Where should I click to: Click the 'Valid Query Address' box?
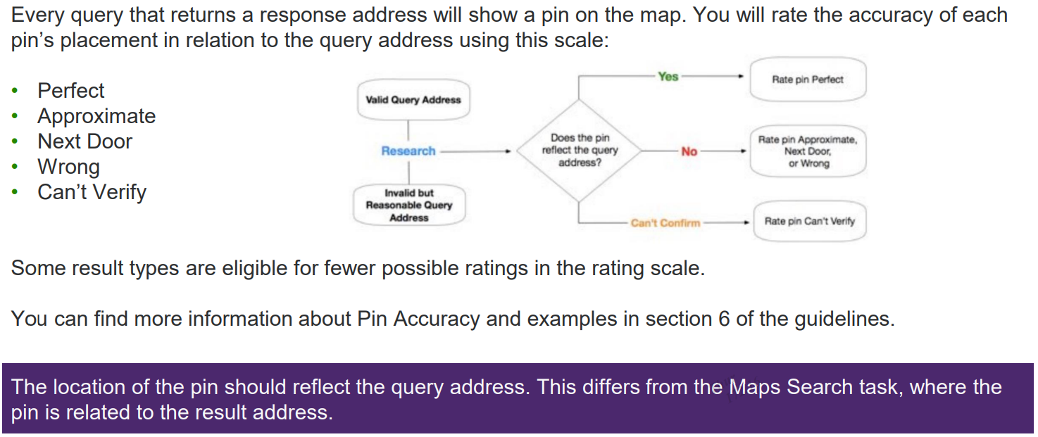point(413,99)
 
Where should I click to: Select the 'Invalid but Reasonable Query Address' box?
point(409,205)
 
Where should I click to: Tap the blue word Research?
point(408,151)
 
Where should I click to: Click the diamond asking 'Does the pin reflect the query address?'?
point(580,151)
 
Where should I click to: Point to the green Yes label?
point(668,77)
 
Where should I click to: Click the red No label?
point(689,151)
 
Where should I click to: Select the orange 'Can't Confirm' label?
point(665,222)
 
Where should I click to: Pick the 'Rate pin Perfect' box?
point(808,79)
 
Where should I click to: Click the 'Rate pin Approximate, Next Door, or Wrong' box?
point(808,151)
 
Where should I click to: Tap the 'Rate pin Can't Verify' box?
point(810,221)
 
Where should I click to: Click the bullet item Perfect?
point(71,90)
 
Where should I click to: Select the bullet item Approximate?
point(96,116)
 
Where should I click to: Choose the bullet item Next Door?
point(85,141)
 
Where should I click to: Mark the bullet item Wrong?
point(68,167)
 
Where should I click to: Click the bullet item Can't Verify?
point(92,192)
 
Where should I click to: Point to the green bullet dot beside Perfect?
point(15,91)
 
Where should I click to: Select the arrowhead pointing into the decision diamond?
point(508,151)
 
